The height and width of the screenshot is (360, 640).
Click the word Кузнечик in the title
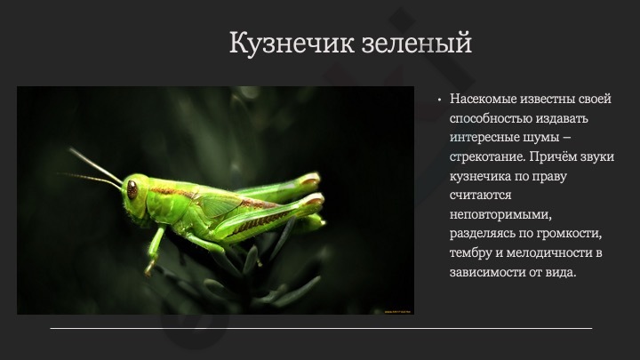[x=292, y=43]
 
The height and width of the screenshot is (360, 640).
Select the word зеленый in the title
[x=417, y=43]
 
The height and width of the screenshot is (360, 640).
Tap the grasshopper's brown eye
[x=132, y=189]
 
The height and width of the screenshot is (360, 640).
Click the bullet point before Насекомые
[x=439, y=100]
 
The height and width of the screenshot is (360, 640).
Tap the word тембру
[x=471, y=253]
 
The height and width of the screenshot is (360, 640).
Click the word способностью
[x=490, y=118]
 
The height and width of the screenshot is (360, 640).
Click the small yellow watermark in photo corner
[x=397, y=312]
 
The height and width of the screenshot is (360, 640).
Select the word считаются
[x=480, y=195]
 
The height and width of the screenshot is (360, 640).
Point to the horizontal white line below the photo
[x=321, y=328]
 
